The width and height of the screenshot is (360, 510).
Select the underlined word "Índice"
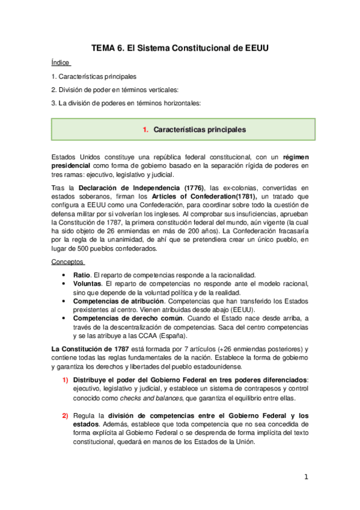[61, 63]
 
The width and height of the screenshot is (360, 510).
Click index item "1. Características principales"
[93, 76]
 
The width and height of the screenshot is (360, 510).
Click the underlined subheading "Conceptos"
[68, 262]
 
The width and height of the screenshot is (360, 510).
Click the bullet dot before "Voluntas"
[64, 283]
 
